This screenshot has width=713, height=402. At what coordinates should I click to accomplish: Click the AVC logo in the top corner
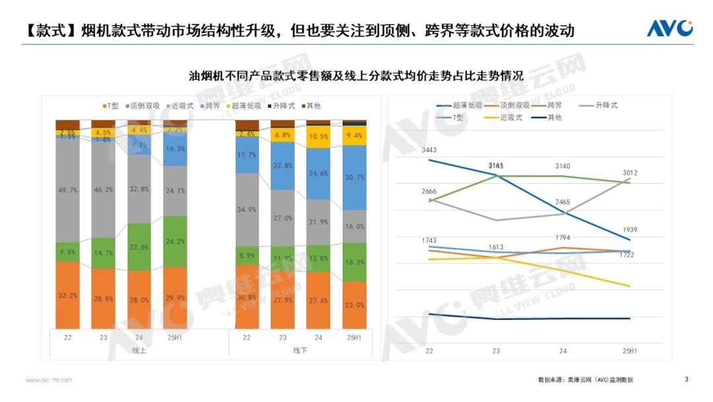click(x=669, y=28)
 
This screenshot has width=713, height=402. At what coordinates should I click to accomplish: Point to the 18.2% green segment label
click(x=355, y=262)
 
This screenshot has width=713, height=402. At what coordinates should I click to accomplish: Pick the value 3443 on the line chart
click(x=428, y=151)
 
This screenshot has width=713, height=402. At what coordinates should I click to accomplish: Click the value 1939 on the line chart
click(x=630, y=230)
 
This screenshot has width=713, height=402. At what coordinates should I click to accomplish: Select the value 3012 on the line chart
click(x=630, y=173)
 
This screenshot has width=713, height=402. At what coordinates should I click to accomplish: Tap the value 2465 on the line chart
click(x=562, y=201)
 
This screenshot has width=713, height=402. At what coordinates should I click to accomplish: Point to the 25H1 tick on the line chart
click(x=630, y=350)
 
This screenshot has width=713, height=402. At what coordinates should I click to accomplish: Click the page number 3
click(x=687, y=380)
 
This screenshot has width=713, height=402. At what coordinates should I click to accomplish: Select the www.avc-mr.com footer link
click(x=49, y=380)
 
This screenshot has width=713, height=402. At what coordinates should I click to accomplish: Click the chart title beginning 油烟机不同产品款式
click(x=356, y=76)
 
